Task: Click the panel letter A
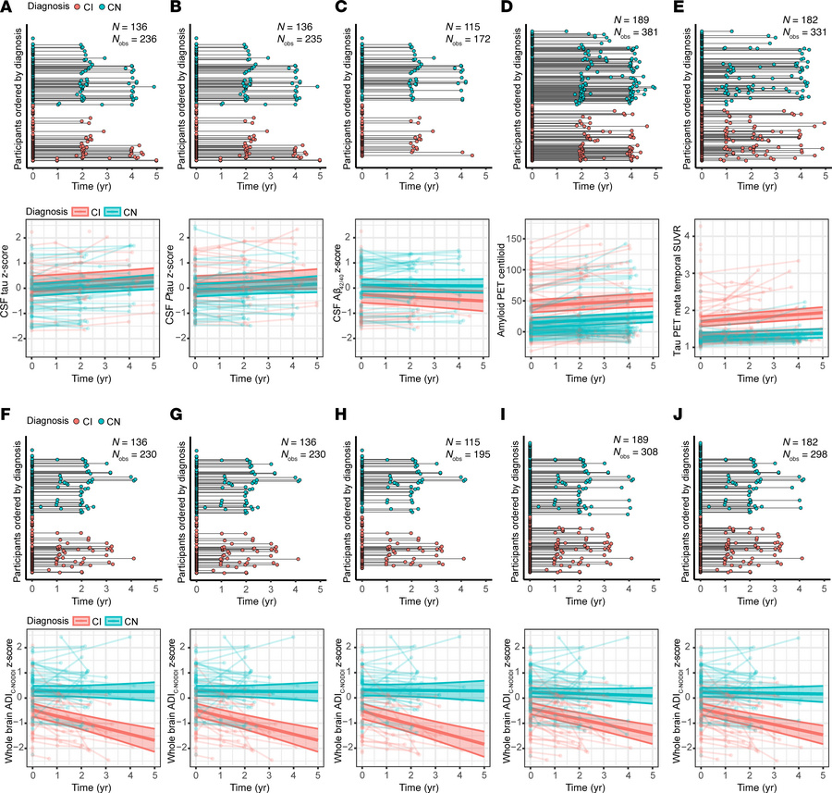pyautogui.click(x=6, y=7)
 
